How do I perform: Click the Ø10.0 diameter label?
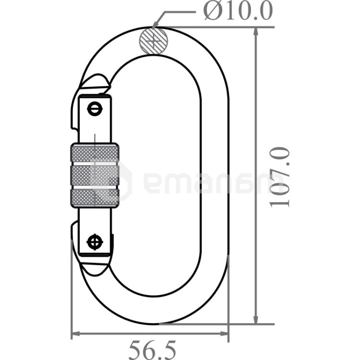pyautogui.click(x=238, y=11)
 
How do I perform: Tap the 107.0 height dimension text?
pyautogui.click(x=279, y=177)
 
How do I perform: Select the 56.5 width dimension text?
pyautogui.click(x=152, y=350)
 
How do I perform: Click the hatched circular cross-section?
pyautogui.click(x=154, y=41)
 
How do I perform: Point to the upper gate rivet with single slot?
pyautogui.click(x=95, y=109)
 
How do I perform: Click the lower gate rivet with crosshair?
pyautogui.click(x=95, y=242)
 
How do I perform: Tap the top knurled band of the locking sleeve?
pyautogui.click(x=95, y=153)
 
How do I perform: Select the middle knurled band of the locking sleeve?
pyautogui.click(x=95, y=175)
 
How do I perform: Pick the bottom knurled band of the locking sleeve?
pyautogui.click(x=95, y=198)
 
